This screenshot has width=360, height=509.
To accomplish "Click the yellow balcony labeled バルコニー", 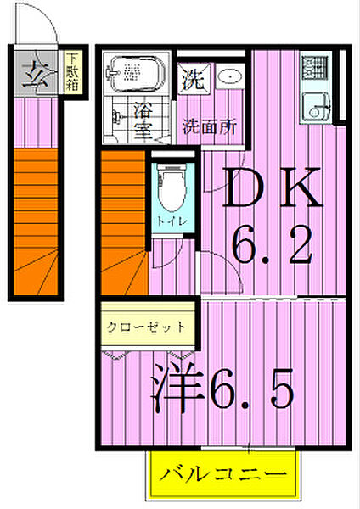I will tap(225, 473).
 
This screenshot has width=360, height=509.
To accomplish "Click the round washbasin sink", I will tap(228, 77).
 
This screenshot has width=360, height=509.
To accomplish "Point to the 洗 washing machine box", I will tap(191, 81).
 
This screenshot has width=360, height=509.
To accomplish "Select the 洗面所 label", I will tap(210, 127).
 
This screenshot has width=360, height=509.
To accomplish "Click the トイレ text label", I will tap(166, 222).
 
